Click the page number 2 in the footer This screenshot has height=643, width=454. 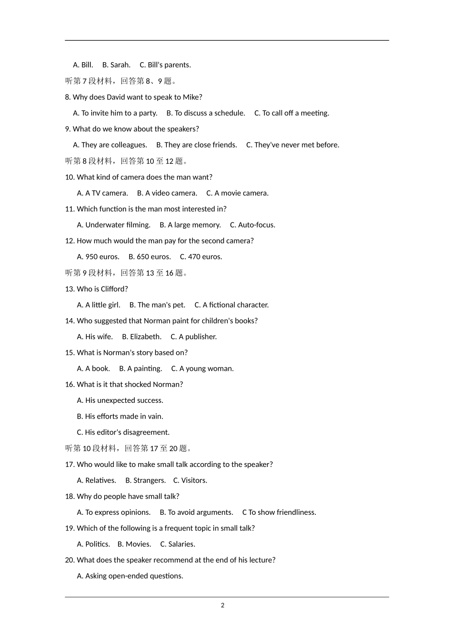[x=223, y=605]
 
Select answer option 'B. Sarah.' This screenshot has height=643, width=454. [x=116, y=65]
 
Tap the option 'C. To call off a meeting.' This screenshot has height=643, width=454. [x=292, y=113]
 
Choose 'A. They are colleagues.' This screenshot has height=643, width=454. [x=110, y=145]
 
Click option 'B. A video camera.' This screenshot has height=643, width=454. [x=167, y=193]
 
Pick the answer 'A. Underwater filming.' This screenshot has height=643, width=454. [x=114, y=225]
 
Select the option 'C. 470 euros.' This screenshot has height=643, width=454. [x=201, y=257]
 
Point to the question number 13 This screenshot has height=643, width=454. [x=69, y=289]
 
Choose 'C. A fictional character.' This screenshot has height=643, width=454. [x=231, y=305]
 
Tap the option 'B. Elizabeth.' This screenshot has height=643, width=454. [x=141, y=337]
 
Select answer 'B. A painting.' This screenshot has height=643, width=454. [x=141, y=369]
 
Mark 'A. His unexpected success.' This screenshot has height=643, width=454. [x=120, y=400]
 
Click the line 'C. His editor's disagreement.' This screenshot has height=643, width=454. [x=123, y=432]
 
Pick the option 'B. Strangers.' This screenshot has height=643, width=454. [x=145, y=480]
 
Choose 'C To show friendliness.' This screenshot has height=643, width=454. [x=279, y=512]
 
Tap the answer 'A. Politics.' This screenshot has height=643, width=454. [x=93, y=544]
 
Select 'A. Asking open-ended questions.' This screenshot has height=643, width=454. [x=130, y=576]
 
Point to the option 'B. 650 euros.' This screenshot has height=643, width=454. [x=150, y=257]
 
